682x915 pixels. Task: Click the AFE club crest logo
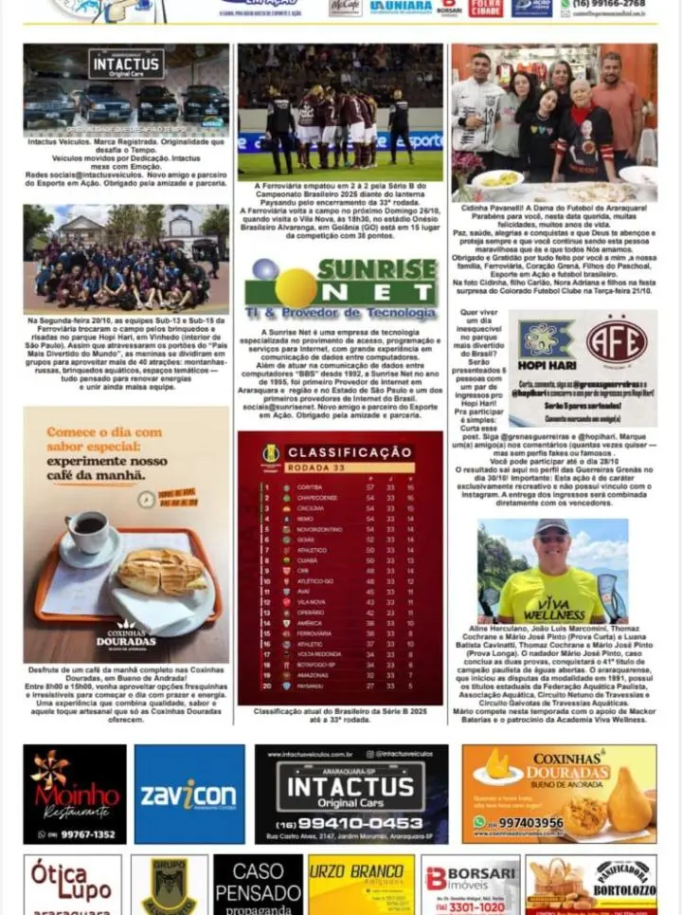coord(615,342)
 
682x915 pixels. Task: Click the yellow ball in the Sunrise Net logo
coord(295,287)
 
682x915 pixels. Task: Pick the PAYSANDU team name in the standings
coord(311,686)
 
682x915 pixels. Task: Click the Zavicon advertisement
coord(188,794)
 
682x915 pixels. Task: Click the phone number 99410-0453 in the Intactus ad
coord(350,823)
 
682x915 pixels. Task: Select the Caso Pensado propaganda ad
coord(258,884)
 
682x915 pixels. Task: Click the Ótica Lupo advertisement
coord(72,884)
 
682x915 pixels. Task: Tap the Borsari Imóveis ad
coord(470,884)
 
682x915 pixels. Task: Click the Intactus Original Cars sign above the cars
coord(126,64)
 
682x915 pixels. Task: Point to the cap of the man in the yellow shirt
coord(551,526)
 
